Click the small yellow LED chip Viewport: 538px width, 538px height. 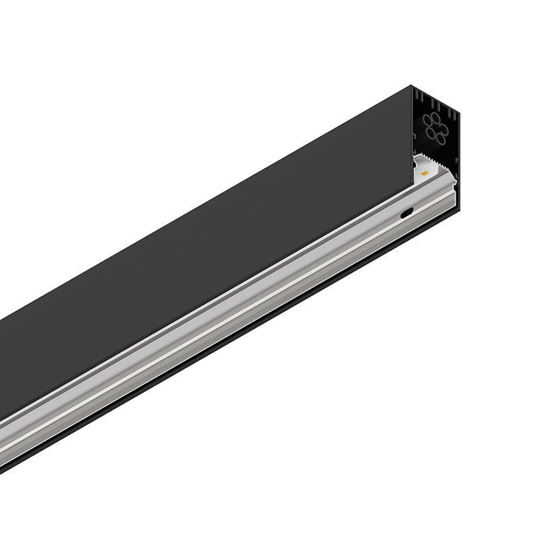click(424, 173)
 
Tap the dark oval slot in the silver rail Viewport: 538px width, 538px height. click(406, 215)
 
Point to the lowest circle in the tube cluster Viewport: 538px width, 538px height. click(440, 138)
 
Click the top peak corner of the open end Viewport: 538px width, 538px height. click(412, 85)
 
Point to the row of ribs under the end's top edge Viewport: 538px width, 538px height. click(434, 104)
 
